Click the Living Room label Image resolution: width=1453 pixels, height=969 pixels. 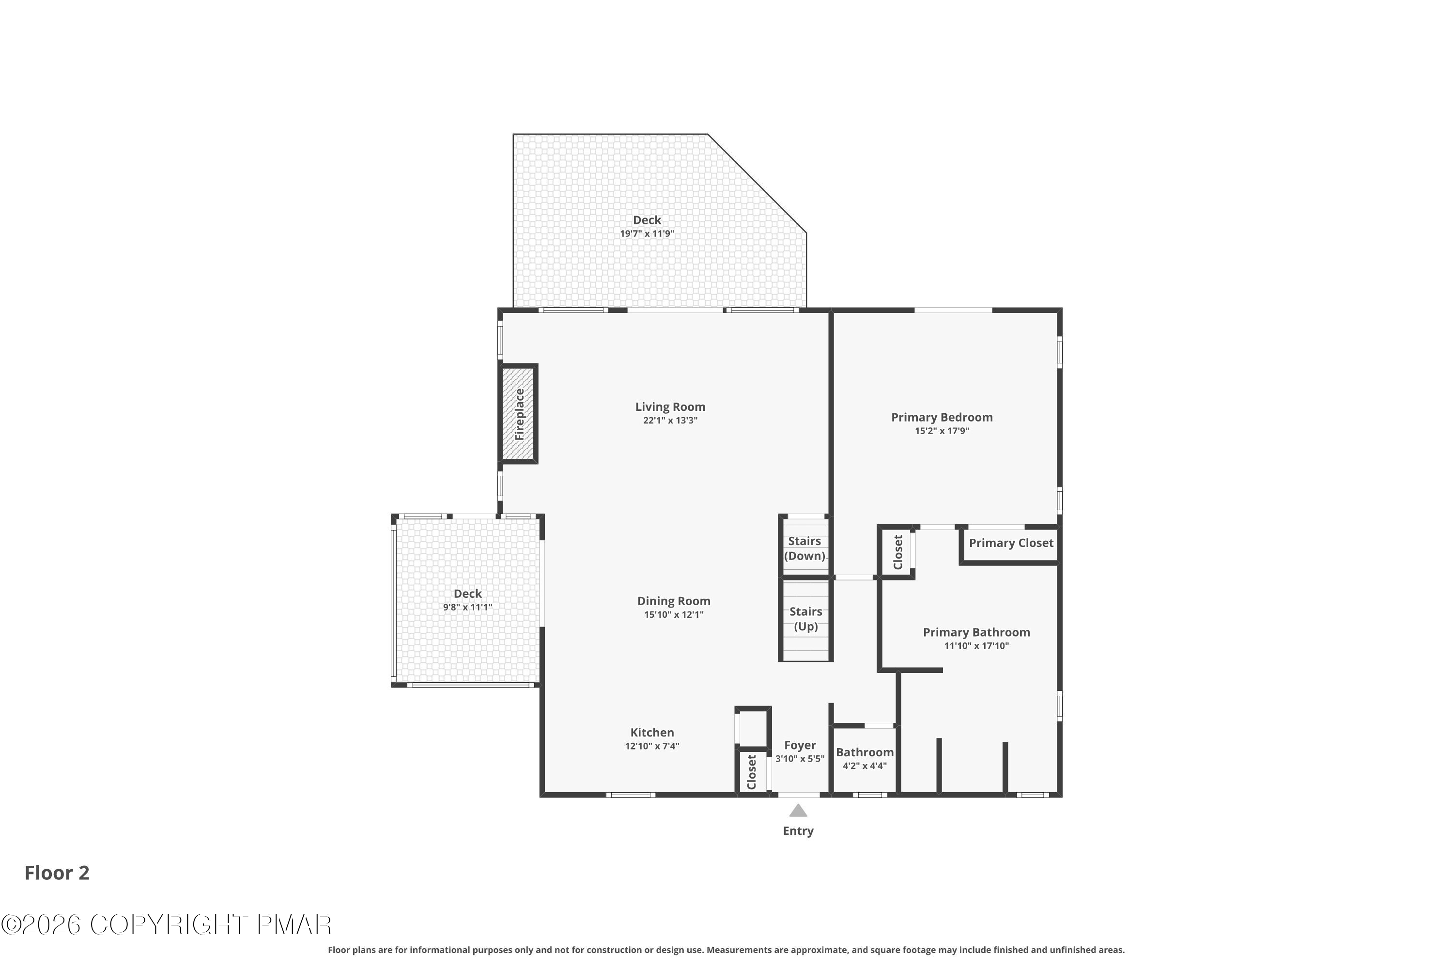(670, 406)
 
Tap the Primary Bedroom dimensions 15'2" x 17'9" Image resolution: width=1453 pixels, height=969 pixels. (942, 431)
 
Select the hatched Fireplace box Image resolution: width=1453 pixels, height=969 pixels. (519, 413)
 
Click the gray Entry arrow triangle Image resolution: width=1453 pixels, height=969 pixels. (798, 810)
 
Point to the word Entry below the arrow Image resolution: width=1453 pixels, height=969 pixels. (798, 831)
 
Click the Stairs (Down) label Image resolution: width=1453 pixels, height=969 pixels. (804, 548)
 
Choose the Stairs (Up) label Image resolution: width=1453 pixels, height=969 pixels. (805, 619)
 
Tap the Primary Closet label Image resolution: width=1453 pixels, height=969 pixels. (1011, 543)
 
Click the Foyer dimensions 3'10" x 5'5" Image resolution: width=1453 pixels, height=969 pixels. (800, 759)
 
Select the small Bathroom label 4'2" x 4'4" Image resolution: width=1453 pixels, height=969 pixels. (865, 758)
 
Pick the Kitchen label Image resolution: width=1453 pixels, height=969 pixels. (652, 732)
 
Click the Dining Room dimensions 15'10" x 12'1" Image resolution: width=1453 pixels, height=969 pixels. (674, 615)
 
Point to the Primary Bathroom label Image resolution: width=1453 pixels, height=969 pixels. (977, 632)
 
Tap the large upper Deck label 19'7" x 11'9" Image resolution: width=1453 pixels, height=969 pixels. (647, 226)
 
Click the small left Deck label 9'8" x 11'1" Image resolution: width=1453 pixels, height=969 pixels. (468, 599)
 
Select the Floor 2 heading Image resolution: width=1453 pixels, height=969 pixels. (57, 873)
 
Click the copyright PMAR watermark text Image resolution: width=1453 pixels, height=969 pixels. (166, 925)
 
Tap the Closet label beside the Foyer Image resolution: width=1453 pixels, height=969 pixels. (752, 772)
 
